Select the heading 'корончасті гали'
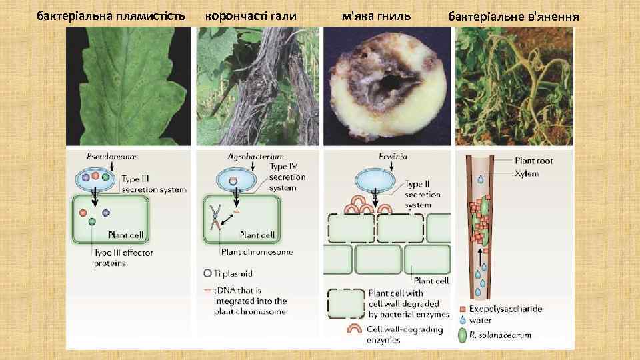[251, 14]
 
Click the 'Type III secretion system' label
[154, 184]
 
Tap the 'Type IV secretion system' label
[287, 177]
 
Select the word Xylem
[527, 173]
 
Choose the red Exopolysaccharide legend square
[463, 309]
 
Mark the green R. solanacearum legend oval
[463, 335]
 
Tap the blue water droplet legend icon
[463, 321]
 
